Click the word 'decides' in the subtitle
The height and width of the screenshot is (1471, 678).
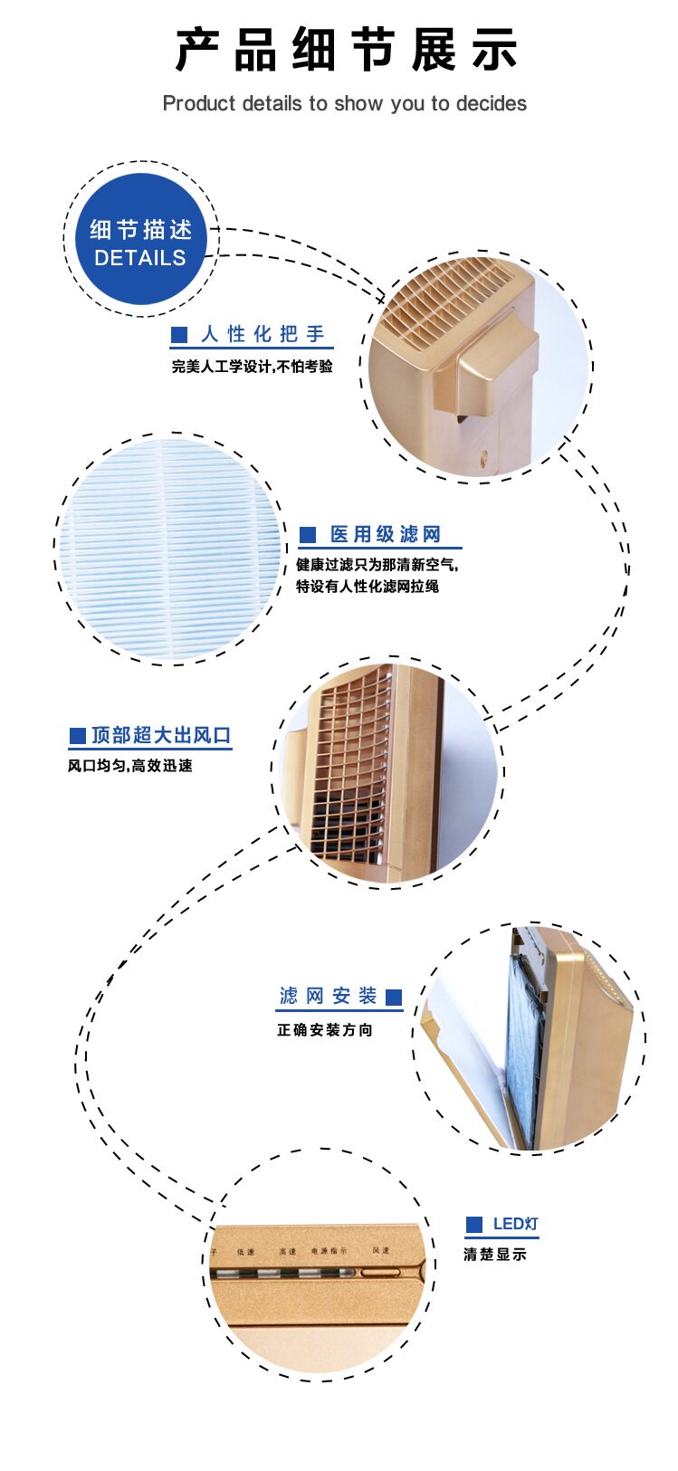[x=492, y=104]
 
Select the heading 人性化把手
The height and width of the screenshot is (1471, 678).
[x=263, y=335]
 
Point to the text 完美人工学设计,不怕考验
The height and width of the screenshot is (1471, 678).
[x=253, y=367]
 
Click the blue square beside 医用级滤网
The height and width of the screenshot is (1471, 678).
[x=308, y=535]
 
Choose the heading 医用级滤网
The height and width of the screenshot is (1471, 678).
[x=385, y=535]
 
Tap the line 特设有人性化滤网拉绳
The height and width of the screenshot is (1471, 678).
[x=368, y=587]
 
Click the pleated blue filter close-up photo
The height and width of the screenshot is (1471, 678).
[x=170, y=548]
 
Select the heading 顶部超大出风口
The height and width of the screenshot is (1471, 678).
[x=161, y=735]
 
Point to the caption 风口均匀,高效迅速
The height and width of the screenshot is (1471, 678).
[x=130, y=766]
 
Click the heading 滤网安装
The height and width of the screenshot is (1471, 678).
[x=328, y=997]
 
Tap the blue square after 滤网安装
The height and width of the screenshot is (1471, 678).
[x=394, y=998]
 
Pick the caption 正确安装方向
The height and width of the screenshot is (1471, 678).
[x=325, y=1030]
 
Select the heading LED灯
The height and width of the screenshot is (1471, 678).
[x=515, y=1225]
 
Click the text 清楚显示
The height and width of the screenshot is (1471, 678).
[x=494, y=1255]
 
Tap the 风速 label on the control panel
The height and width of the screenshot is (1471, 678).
[x=381, y=1251]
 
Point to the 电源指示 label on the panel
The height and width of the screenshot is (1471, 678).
[x=329, y=1251]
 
